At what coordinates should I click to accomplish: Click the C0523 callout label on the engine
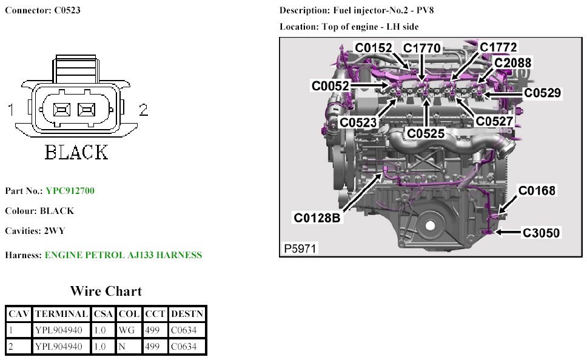pyautogui.click(x=358, y=122)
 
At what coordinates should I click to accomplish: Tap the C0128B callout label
pyautogui.click(x=318, y=217)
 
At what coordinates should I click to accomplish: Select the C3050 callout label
pyautogui.click(x=542, y=232)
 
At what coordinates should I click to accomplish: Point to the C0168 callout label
pyautogui.click(x=536, y=191)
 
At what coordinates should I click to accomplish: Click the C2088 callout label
pyautogui.click(x=512, y=62)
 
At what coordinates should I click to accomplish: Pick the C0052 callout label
pyautogui.click(x=330, y=87)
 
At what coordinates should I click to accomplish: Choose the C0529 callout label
pyautogui.click(x=542, y=93)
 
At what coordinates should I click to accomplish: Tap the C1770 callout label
pyautogui.click(x=422, y=48)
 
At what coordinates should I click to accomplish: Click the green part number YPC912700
pyautogui.click(x=70, y=191)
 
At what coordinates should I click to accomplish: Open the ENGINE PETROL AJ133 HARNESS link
pyautogui.click(x=123, y=255)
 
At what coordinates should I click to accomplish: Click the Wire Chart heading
pyautogui.click(x=106, y=292)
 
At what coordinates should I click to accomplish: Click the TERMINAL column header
pyautogui.click(x=61, y=314)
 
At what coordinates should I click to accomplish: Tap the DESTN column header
pyautogui.click(x=187, y=314)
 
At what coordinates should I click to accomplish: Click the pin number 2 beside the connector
pyautogui.click(x=144, y=110)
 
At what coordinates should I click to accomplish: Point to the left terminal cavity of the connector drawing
pyautogui.click(x=61, y=110)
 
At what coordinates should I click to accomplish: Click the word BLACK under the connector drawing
pyautogui.click(x=76, y=152)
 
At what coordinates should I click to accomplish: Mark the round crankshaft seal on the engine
pyautogui.click(x=431, y=225)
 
